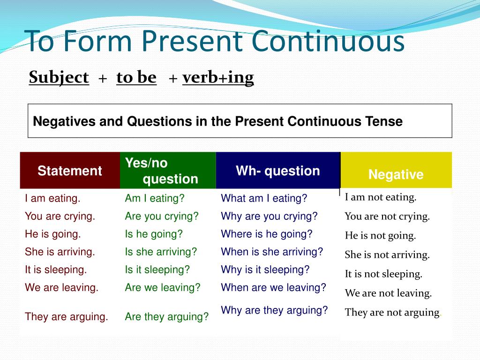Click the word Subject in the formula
pos(59,77)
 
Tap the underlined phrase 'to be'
pos(136,77)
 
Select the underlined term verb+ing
pos(218,78)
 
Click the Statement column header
pos(70,171)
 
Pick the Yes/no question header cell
pos(168,171)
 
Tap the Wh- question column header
pos(278,171)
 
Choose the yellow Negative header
pos(396,171)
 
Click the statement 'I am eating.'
pos(52,198)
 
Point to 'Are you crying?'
pos(162,217)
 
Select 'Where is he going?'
pos(267,234)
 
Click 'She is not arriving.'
pos(387,255)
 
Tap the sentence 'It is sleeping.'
pos(56,270)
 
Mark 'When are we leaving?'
pos(274,287)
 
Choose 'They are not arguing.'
pos(392,312)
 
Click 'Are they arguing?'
pos(166,316)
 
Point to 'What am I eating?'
pos(264,198)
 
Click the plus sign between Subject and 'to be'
pos(103,79)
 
